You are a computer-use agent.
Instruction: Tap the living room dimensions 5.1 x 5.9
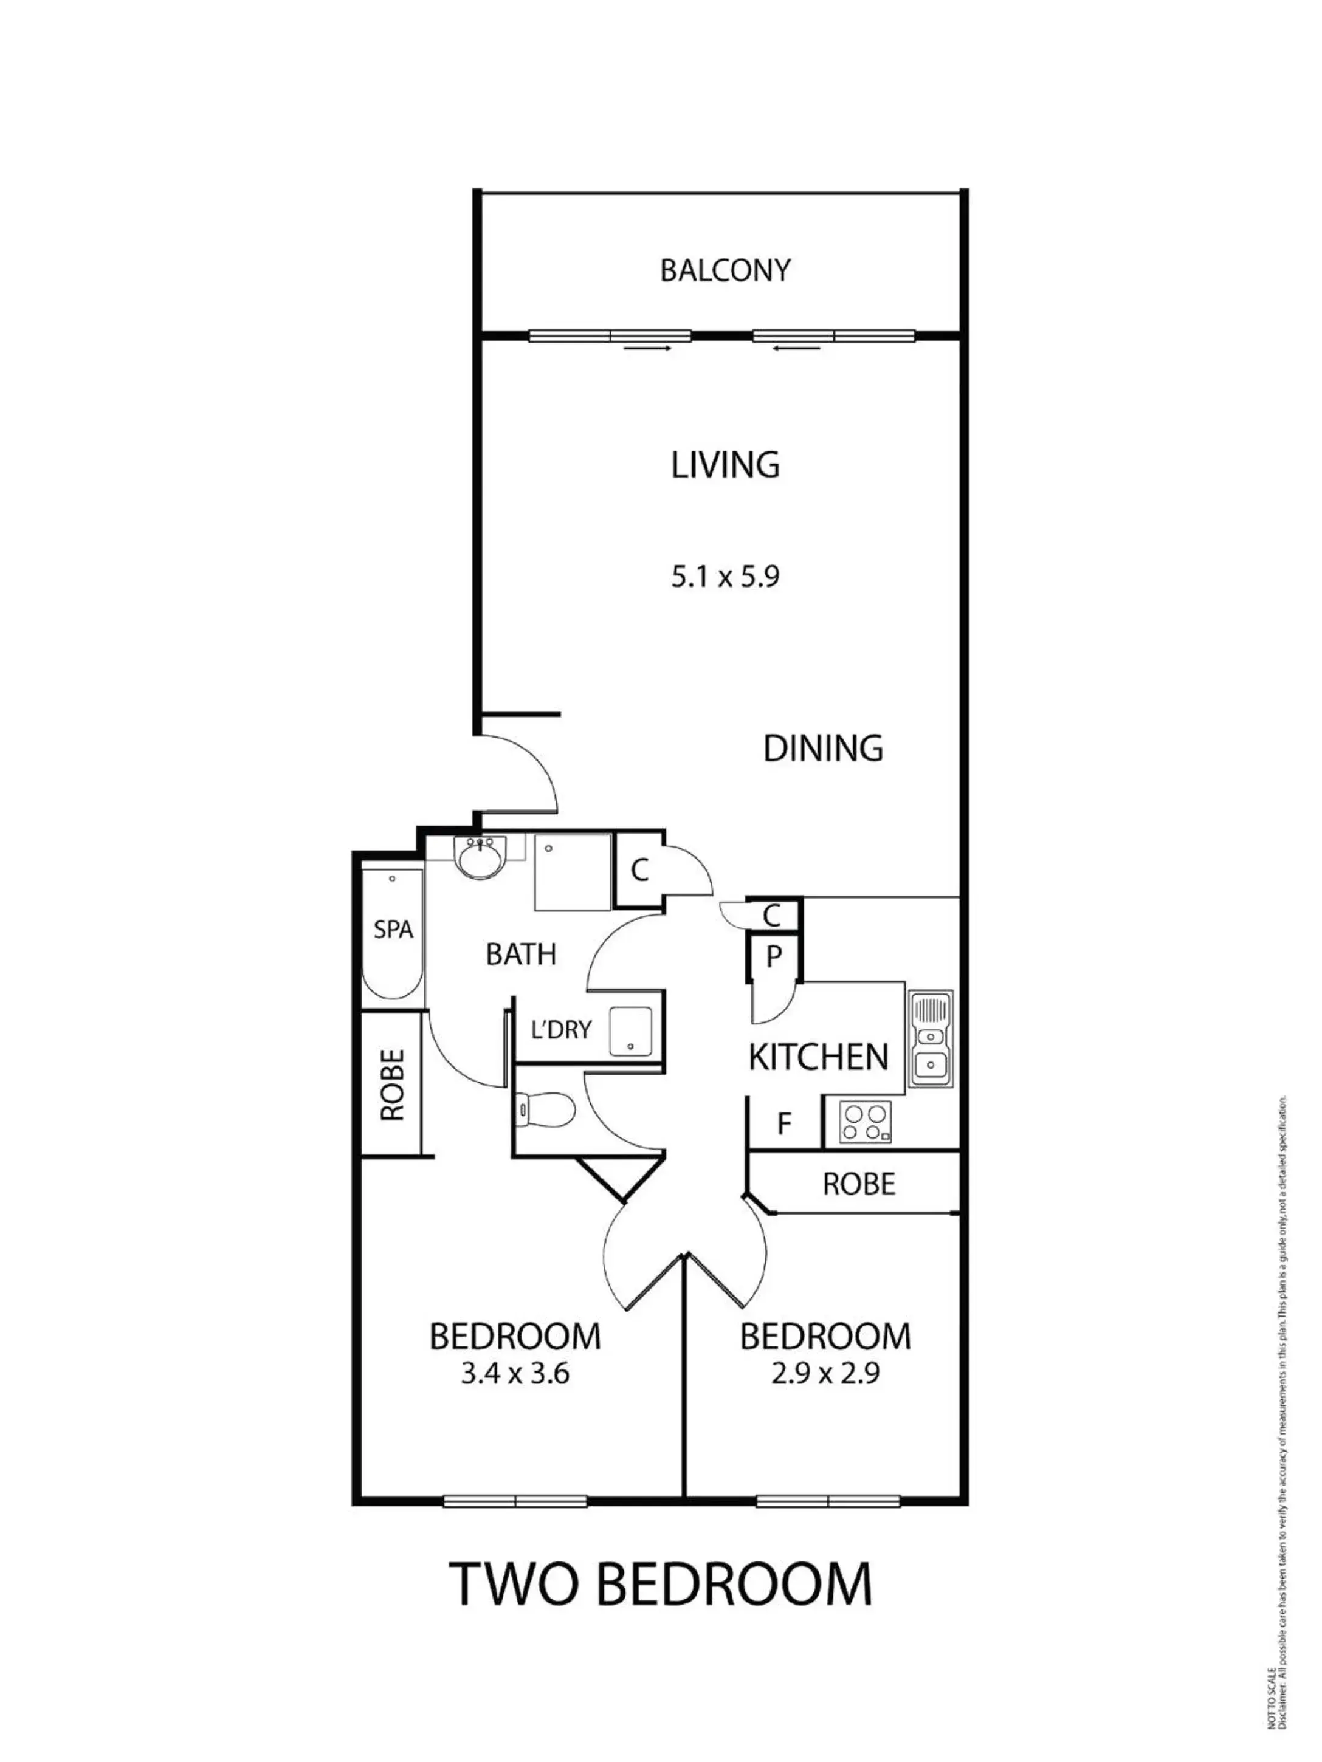[725, 575]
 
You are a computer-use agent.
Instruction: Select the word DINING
[822, 748]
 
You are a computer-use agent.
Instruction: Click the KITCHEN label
[818, 1057]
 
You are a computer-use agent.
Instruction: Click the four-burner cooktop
[864, 1122]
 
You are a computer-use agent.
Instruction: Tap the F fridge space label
[784, 1124]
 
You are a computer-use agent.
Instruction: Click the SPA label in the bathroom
[393, 929]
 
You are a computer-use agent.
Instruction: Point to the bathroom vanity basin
[478, 858]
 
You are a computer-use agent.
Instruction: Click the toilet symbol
[546, 1108]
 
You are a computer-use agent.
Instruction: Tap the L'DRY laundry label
[561, 1029]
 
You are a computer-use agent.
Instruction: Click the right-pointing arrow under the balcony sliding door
[646, 348]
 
